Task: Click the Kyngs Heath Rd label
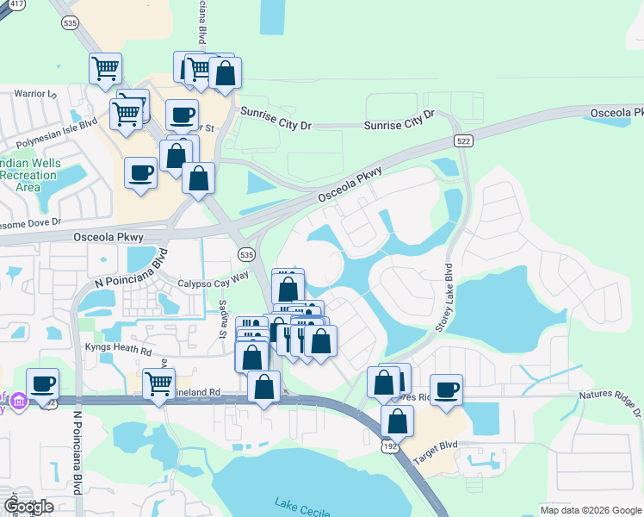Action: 118,351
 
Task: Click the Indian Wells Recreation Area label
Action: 31,174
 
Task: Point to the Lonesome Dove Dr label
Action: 30,221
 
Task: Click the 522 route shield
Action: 463,141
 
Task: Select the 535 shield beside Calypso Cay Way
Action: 246,254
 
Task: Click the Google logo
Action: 28,507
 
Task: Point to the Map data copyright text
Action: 589,510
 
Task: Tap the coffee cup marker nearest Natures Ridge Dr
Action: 446,389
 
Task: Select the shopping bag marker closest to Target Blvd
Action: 397,421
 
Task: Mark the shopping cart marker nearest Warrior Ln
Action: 105,67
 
